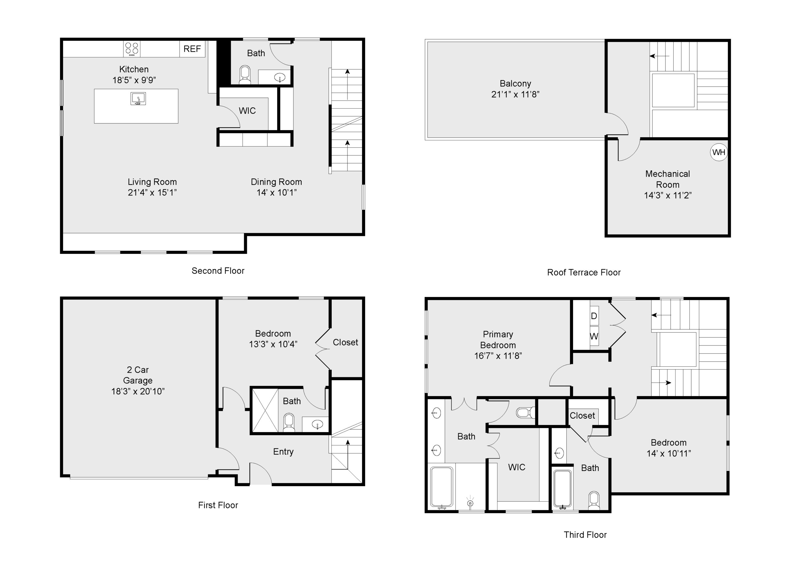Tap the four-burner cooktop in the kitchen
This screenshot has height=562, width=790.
[132, 49]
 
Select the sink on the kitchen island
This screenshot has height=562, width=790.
[138, 99]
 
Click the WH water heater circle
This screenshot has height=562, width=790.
[719, 152]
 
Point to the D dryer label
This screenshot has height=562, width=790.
[594, 316]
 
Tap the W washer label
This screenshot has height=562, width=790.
[594, 336]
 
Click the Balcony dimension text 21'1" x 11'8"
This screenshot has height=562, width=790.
[515, 94]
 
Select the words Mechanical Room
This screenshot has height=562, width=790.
[667, 179]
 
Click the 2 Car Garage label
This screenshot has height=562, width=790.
[138, 375]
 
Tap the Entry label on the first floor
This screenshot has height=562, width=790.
[283, 452]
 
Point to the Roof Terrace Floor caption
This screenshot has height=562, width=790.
[584, 272]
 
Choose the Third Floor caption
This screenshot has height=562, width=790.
[585, 535]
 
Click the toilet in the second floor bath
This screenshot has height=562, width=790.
[245, 74]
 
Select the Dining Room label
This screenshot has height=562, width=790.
[276, 182]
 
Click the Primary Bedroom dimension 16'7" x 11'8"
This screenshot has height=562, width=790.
[498, 356]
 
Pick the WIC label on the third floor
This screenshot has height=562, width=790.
[517, 467]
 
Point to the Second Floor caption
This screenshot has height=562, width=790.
[218, 271]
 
